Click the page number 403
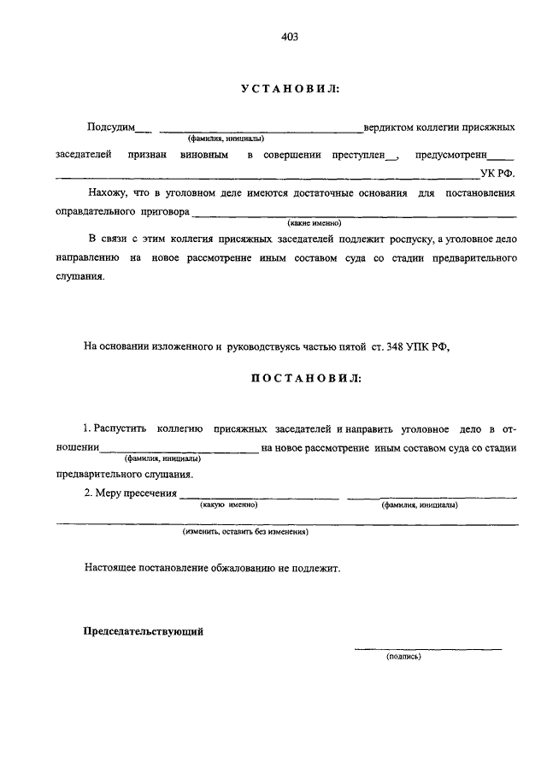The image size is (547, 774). [288, 36]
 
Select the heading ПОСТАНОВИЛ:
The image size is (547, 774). [305, 377]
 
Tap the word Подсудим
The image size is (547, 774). [111, 127]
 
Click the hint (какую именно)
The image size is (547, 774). [229, 505]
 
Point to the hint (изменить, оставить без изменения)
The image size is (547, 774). [244, 531]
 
